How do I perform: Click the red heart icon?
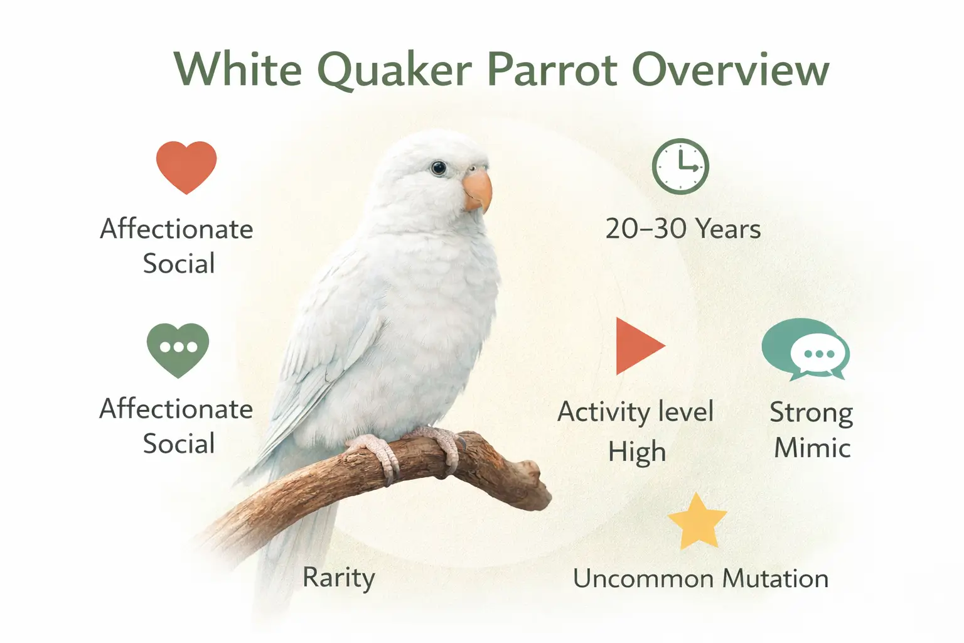coord(186,166)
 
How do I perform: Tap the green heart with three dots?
coord(178,349)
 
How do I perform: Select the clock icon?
coord(680,166)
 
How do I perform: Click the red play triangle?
coord(636,346)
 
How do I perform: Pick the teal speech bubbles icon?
coord(805,350)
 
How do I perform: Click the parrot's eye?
coord(438,168)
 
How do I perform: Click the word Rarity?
coord(338,577)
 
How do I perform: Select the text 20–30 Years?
coord(683,229)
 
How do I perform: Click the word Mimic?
coord(812,448)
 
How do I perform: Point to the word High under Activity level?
coord(636,451)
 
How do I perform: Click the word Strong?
coord(811,413)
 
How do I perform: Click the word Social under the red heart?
coord(179,263)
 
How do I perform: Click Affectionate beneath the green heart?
coord(176,409)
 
